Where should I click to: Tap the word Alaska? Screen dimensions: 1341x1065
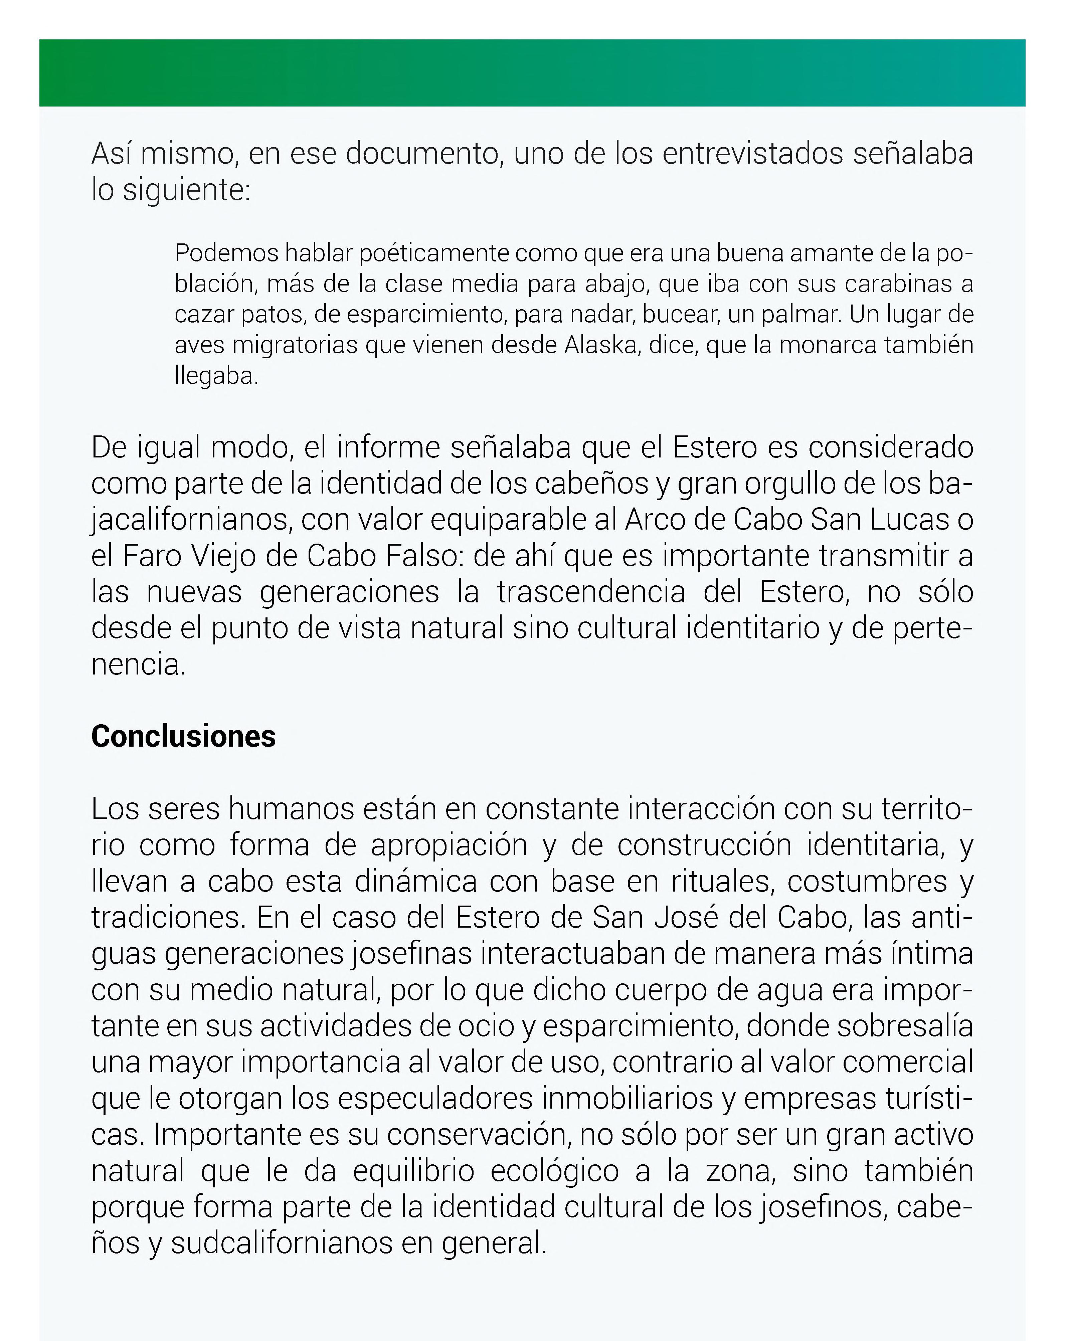pos(601,345)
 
